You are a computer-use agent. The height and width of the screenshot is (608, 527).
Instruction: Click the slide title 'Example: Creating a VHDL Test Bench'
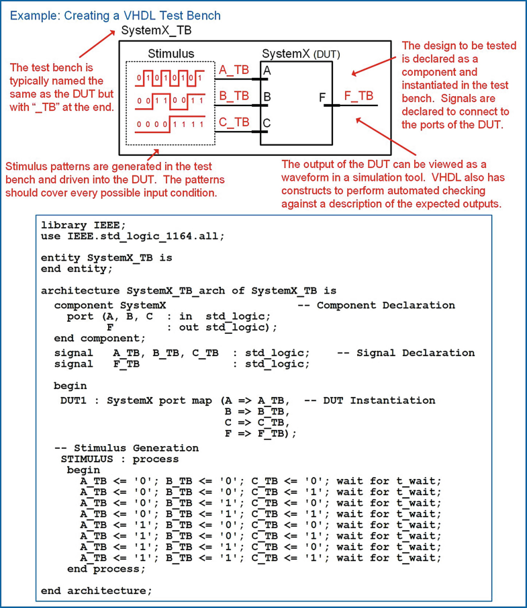115,15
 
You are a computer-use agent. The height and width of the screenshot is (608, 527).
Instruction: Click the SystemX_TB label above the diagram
155,31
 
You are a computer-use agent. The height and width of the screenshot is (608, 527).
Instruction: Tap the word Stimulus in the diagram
171,54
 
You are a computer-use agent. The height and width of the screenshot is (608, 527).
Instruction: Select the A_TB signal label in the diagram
234,70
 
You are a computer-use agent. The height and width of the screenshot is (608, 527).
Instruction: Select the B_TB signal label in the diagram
234,96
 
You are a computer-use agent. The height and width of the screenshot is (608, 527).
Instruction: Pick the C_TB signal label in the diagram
234,122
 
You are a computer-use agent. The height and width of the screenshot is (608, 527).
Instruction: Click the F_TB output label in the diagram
358,96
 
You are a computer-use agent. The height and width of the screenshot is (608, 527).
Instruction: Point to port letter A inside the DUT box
267,71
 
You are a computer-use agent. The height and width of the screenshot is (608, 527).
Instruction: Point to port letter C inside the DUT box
267,123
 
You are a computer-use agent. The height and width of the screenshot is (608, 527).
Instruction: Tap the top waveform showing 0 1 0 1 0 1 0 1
170,77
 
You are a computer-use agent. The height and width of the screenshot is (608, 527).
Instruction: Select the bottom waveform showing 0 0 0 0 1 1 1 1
170,125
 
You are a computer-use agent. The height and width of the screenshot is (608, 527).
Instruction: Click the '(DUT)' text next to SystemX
326,54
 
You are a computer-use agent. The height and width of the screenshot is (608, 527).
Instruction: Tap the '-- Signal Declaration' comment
405,353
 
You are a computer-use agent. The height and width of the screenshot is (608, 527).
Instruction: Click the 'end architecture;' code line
97,591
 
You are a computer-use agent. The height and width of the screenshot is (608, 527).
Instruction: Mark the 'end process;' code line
106,569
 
